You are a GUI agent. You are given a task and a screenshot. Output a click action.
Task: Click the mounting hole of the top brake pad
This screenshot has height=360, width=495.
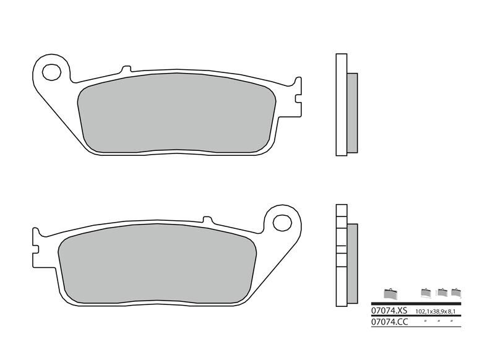51,69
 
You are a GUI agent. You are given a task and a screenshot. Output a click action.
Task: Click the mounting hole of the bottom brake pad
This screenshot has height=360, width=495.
282,221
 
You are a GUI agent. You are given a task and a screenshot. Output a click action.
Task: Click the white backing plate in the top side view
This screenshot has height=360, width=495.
341,105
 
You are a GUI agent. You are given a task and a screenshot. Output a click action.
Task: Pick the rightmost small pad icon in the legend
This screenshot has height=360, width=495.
457,293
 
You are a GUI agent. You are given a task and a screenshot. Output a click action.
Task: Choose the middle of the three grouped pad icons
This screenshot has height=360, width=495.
442,293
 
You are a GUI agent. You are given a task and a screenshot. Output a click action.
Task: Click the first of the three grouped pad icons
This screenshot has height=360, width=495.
425,293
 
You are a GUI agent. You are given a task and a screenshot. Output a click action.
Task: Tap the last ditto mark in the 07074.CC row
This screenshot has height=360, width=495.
452,320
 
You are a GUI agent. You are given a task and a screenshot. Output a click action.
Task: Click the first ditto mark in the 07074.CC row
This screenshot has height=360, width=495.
425,320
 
